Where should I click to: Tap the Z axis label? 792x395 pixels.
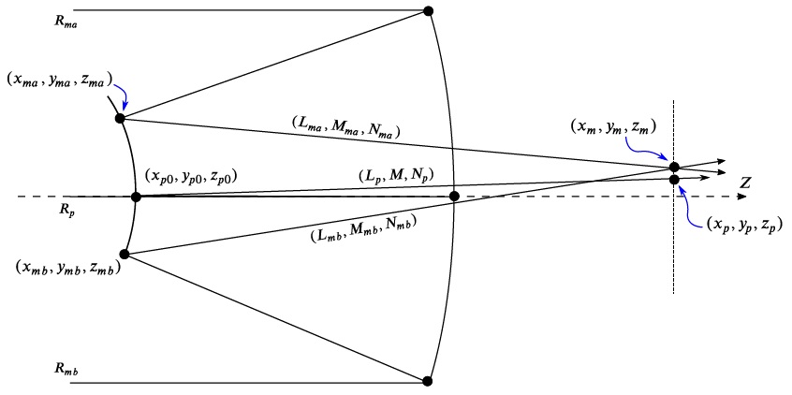[x=745, y=183]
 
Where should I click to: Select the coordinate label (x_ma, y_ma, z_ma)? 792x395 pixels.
[x=58, y=80]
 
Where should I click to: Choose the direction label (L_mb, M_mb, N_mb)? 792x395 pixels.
[x=361, y=228]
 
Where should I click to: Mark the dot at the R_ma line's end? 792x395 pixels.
[x=428, y=11]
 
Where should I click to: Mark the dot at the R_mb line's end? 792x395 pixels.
[x=428, y=381]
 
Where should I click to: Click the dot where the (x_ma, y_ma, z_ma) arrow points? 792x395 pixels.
[x=120, y=118]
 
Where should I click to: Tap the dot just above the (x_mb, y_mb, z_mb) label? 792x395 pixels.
[x=125, y=254]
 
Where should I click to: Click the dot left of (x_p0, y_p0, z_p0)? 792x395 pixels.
[x=136, y=197]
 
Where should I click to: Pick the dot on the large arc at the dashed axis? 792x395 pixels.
[x=454, y=197]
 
